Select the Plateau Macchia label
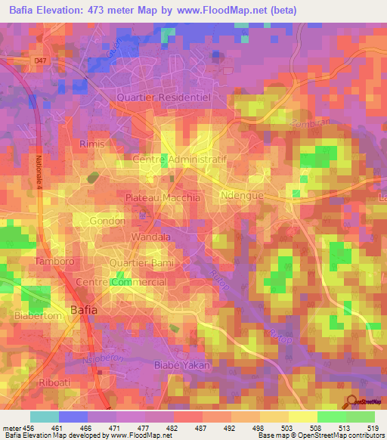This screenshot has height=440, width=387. click(163, 197)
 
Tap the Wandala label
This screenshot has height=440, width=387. click(151, 237)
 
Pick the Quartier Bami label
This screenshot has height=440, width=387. click(138, 263)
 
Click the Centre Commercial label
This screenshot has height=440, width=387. click(121, 282)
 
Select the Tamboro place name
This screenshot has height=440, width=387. click(54, 261)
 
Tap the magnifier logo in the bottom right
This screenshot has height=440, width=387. click(352, 401)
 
